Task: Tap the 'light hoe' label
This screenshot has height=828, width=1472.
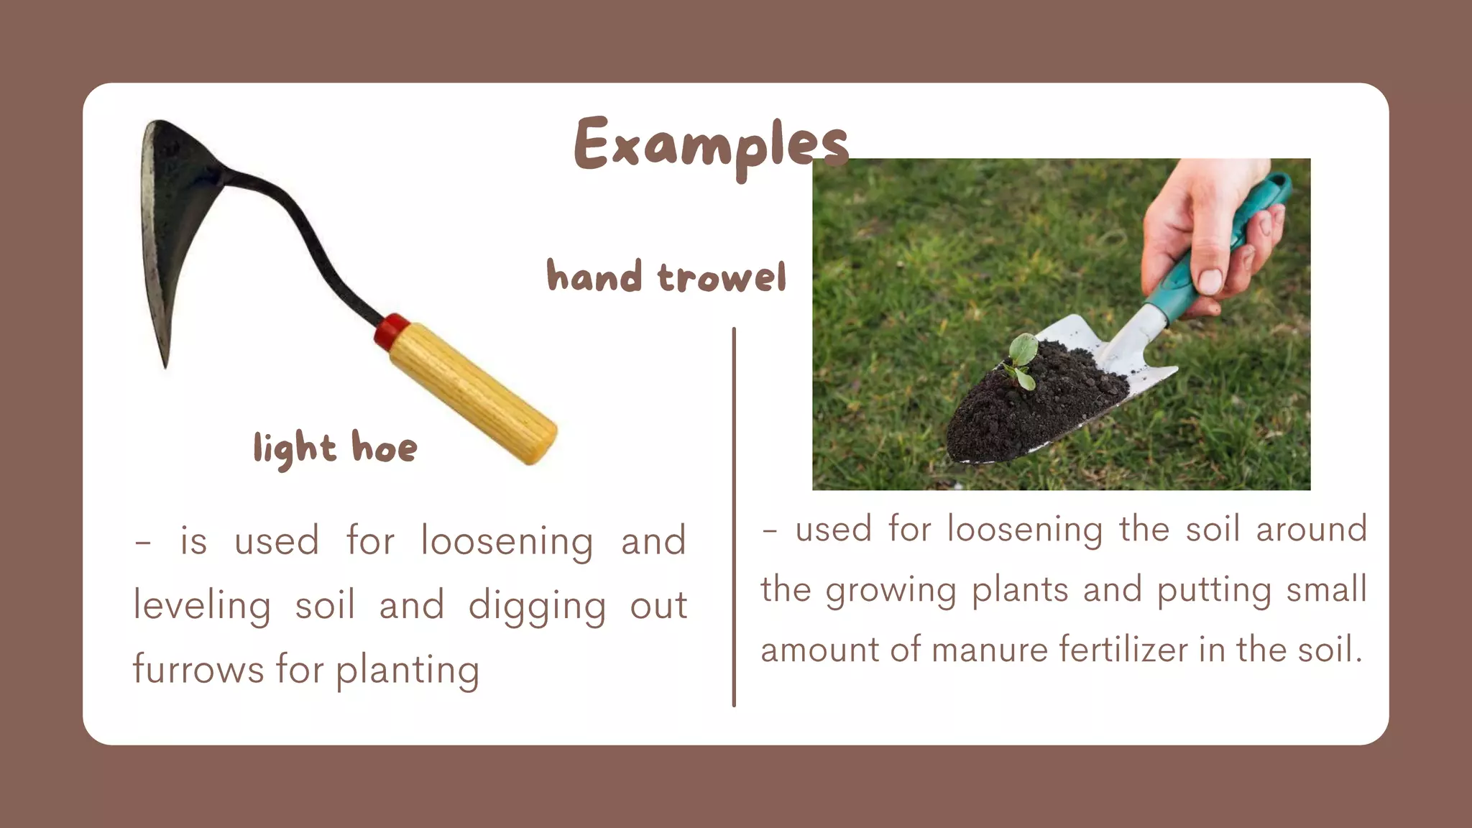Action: pyautogui.click(x=335, y=448)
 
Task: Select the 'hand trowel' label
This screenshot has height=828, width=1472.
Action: pyautogui.click(x=666, y=277)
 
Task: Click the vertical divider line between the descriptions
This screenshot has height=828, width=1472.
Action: pyautogui.click(x=733, y=517)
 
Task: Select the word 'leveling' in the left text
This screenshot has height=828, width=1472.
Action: pyautogui.click(x=202, y=605)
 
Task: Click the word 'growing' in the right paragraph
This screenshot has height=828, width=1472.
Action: pyautogui.click(x=891, y=591)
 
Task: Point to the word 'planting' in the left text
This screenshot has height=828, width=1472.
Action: pyautogui.click(x=408, y=671)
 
